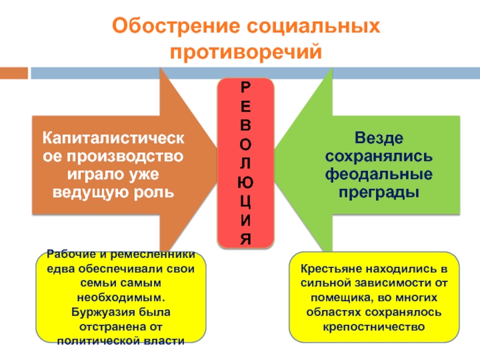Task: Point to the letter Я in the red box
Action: (x=245, y=239)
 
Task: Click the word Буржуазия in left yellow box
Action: (x=101, y=312)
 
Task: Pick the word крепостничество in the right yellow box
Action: (x=373, y=327)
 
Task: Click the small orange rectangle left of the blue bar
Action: (x=13, y=73)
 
